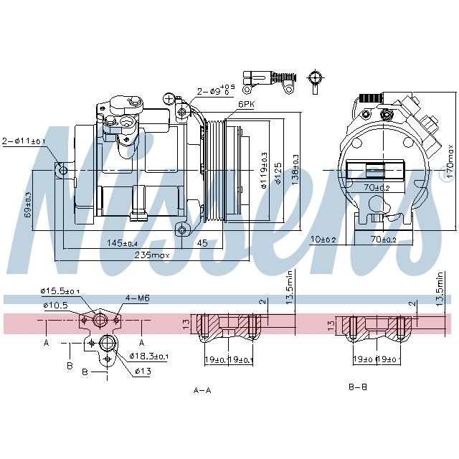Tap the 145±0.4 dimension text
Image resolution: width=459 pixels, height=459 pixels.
click(123, 243)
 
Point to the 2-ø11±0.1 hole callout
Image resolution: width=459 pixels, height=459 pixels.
click(24, 141)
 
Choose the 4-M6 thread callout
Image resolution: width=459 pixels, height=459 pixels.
click(137, 298)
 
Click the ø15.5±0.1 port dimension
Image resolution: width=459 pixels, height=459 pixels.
click(62, 291)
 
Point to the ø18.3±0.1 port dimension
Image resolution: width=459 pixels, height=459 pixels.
click(149, 356)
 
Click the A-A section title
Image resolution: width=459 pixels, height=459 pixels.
click(203, 390)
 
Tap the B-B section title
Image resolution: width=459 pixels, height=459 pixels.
click(358, 387)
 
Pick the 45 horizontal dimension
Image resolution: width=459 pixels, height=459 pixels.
click(202, 243)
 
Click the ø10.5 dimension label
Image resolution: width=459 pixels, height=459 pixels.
click(55, 306)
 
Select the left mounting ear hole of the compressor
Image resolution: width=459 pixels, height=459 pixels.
click(63, 170)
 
